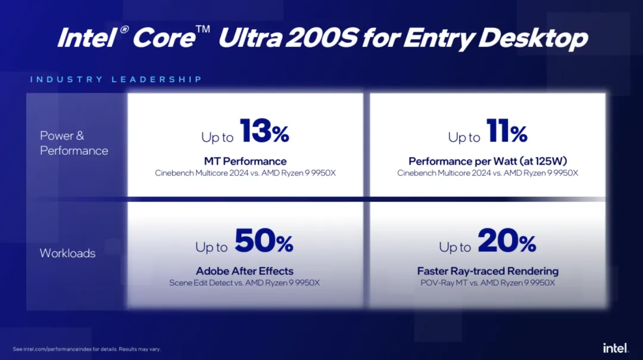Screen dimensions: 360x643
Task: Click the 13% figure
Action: [264, 132]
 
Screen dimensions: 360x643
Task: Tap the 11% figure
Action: [506, 132]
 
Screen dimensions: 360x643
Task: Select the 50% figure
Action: [264, 242]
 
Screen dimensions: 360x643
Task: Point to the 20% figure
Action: [507, 242]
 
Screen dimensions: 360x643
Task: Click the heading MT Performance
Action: [245, 161]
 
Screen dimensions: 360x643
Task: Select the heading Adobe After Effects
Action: [245, 271]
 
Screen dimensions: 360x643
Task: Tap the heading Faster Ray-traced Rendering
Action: [488, 271]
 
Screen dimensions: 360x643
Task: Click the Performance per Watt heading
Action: [488, 161]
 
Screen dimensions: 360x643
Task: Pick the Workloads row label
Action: [67, 253]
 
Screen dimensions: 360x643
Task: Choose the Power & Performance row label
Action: [74, 143]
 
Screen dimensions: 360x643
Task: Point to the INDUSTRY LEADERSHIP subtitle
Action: [116, 79]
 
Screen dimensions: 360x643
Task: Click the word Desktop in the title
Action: [533, 38]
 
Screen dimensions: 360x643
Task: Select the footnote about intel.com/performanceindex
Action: [87, 349]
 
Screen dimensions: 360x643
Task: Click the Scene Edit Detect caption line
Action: [245, 283]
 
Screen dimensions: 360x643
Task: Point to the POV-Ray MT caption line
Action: [488, 283]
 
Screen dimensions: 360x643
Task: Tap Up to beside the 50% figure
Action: [212, 247]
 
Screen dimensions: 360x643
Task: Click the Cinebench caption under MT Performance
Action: [245, 173]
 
